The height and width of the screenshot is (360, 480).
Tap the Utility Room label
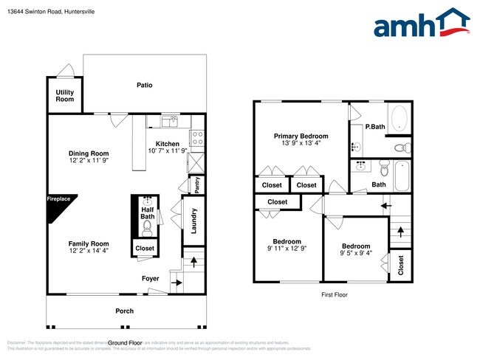coord(65,95)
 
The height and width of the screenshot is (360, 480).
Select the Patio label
coord(145,85)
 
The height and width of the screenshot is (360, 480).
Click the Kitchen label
coord(167,143)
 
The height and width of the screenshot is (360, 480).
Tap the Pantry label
coord(197,184)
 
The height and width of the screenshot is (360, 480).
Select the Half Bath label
coord(148,212)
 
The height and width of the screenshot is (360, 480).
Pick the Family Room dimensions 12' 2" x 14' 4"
coord(89,251)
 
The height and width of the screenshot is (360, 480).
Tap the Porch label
coord(125,311)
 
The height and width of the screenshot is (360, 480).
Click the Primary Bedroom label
coord(301,136)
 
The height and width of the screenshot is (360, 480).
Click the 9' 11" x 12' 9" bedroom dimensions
coord(287,249)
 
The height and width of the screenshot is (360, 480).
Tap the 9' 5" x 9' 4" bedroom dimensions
coord(356,253)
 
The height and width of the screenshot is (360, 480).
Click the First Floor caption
coord(334,294)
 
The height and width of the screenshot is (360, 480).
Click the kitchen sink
coord(170,120)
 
